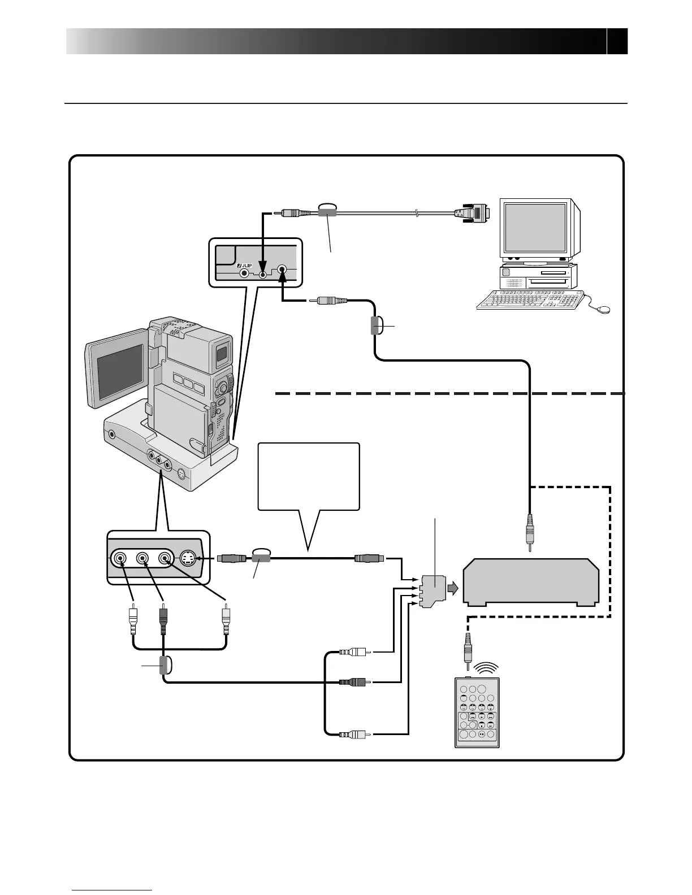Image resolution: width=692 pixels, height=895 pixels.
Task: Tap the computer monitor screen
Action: [x=535, y=227]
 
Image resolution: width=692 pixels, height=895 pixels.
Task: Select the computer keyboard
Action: [x=530, y=299]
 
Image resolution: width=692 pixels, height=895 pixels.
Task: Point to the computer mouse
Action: [x=603, y=309]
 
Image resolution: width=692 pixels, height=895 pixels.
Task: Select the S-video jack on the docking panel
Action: [x=188, y=559]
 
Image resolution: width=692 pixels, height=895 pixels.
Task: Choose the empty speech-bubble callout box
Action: [x=308, y=476]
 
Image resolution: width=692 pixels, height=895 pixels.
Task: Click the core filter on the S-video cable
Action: [x=262, y=558]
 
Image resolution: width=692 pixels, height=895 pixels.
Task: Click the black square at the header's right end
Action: [x=617, y=41]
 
